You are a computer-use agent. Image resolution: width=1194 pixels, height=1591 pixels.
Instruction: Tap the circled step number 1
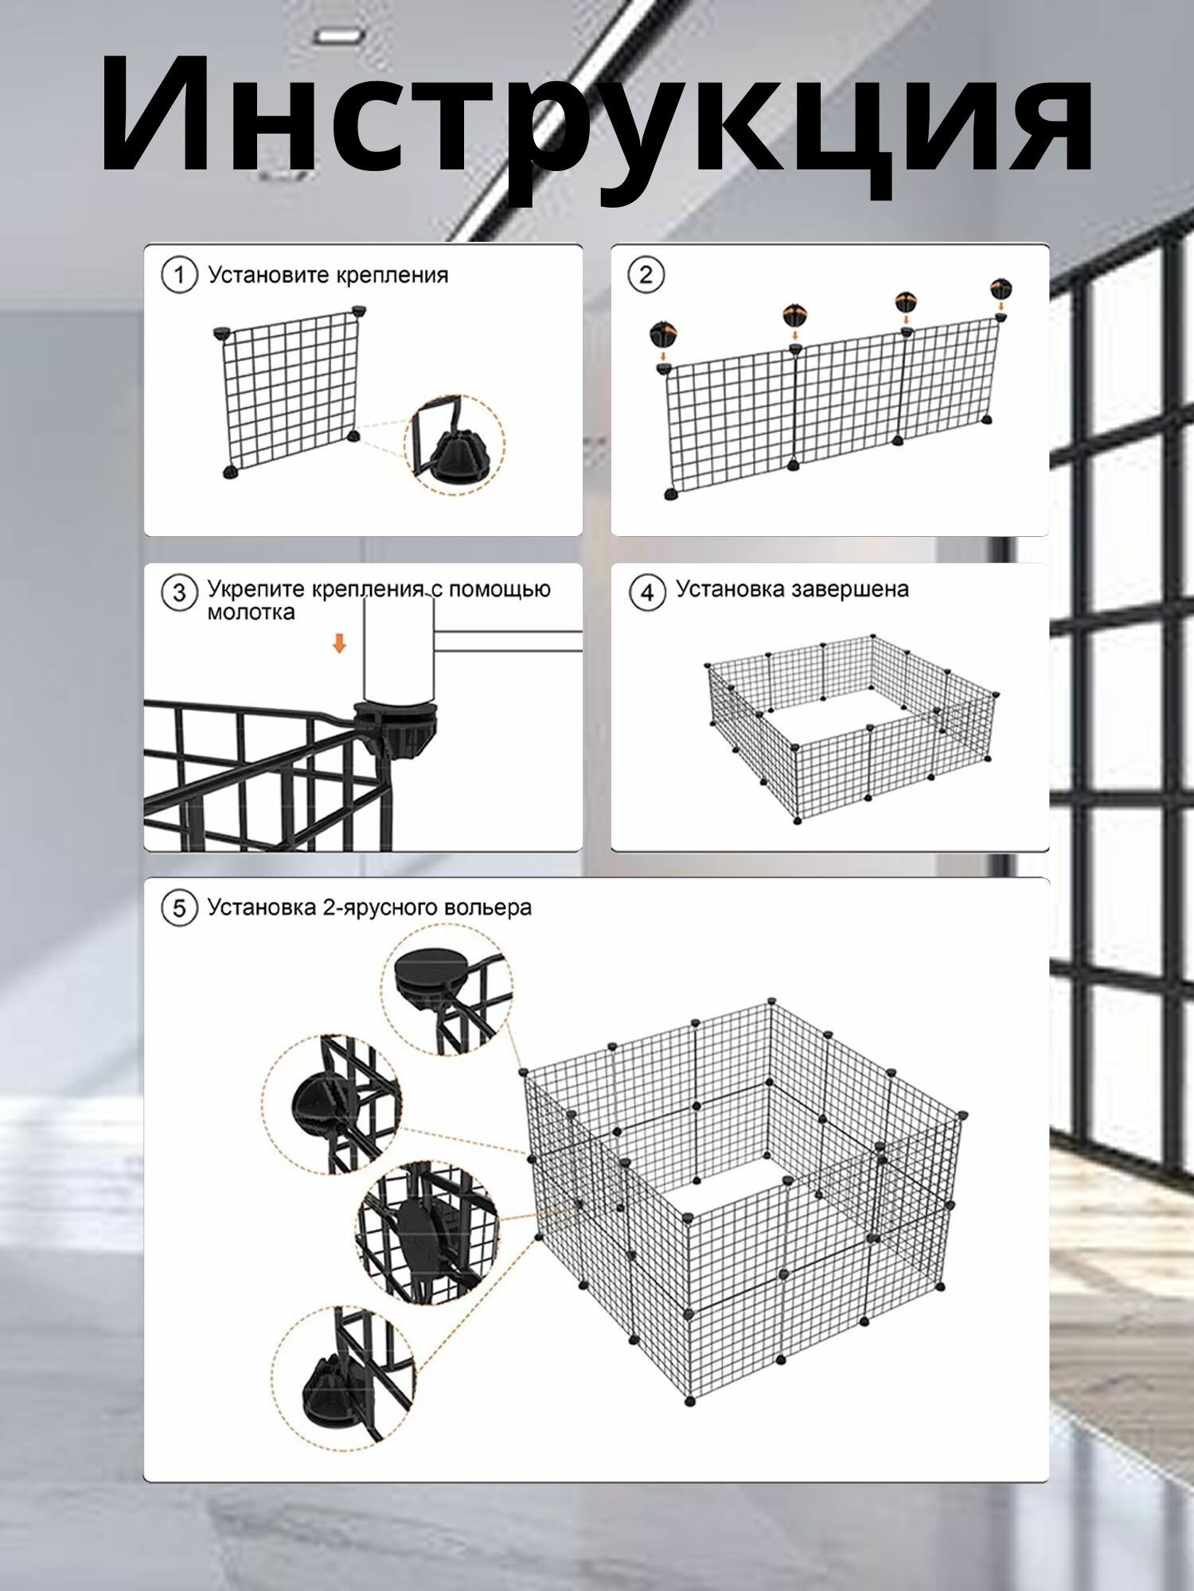pyautogui.click(x=179, y=276)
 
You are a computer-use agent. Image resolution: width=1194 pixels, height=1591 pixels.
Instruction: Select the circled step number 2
pyautogui.click(x=646, y=275)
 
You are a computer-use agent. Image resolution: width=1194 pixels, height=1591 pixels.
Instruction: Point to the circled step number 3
pyautogui.click(x=179, y=593)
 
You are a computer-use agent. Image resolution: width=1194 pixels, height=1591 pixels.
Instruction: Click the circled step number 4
pyautogui.click(x=647, y=593)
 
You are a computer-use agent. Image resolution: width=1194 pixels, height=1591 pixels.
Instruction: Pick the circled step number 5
pyautogui.click(x=179, y=908)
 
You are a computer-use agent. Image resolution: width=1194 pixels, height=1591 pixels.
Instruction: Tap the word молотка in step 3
pyautogui.click(x=251, y=613)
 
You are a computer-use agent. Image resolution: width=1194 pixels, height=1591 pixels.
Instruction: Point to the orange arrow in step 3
pyautogui.click(x=340, y=643)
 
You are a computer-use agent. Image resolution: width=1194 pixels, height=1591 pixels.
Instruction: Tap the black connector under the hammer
pyautogui.click(x=396, y=725)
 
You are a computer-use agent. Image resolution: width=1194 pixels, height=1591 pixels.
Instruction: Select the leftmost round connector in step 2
pyautogui.click(x=664, y=334)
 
